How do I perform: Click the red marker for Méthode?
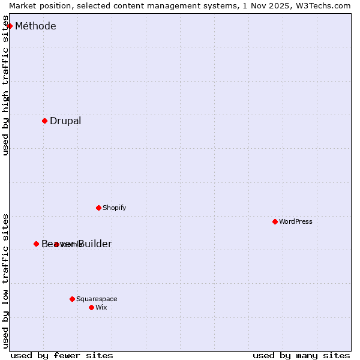coord(10,26)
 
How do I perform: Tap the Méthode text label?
coord(35,26)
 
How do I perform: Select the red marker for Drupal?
coord(44,121)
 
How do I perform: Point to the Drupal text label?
coord(65,121)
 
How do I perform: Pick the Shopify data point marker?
coord(98,208)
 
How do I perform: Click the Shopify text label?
coord(114,208)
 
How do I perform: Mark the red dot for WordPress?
coord(275,221)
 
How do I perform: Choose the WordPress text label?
coord(296,221)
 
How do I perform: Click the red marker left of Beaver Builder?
coord(36,244)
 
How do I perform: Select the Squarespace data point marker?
coord(72,299)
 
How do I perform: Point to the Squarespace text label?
coord(97,299)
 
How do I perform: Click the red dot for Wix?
coord(91,307)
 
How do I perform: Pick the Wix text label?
coord(101,307)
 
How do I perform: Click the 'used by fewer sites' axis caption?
coord(62,355)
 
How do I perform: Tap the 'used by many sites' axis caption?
coord(301,355)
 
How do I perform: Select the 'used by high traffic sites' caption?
coord(6,86)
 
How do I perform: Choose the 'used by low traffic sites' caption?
coord(6,280)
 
